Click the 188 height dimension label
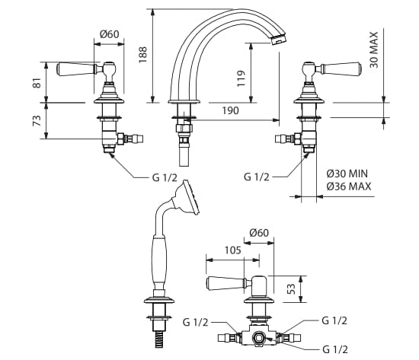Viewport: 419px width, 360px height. [x=143, y=55]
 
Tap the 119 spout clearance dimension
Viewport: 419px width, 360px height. [x=241, y=78]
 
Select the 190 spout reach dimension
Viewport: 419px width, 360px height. [x=230, y=110]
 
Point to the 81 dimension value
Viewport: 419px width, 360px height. [x=37, y=83]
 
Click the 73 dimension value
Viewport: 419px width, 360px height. [x=37, y=120]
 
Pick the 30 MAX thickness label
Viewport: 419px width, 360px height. [x=374, y=50]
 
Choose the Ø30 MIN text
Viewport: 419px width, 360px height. [x=347, y=174]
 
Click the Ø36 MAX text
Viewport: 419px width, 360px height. [x=349, y=186]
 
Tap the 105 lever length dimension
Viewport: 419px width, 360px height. [x=233, y=250]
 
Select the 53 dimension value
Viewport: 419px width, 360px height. [x=292, y=288]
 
